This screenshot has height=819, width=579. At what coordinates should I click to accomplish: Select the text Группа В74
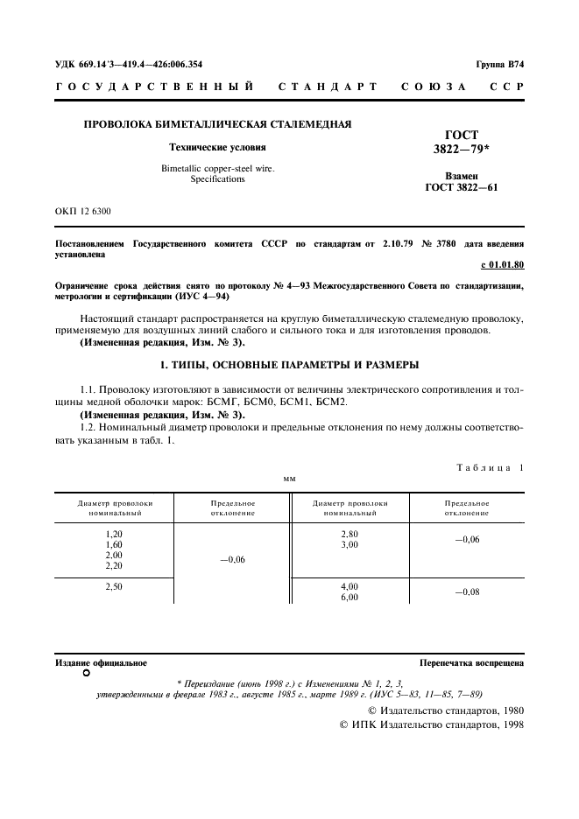499,64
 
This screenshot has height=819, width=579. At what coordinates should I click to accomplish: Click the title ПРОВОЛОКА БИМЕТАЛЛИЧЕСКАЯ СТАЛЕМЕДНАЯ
217,124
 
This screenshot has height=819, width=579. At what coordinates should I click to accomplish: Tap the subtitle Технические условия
217,148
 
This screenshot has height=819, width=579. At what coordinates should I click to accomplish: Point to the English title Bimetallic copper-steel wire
217,168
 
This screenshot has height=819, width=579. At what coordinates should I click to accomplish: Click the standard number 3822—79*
462,149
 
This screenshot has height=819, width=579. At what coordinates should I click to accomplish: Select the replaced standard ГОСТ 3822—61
462,187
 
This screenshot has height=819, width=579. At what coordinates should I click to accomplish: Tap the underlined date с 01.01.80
502,264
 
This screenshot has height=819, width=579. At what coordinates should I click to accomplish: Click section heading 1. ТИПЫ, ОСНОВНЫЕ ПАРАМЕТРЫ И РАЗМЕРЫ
289,364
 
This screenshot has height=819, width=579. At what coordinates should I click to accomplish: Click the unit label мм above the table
289,479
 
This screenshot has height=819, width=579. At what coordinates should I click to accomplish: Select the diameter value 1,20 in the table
114,534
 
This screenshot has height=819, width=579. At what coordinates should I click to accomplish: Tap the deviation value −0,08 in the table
467,592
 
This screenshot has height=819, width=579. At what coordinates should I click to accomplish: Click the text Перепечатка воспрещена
471,664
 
